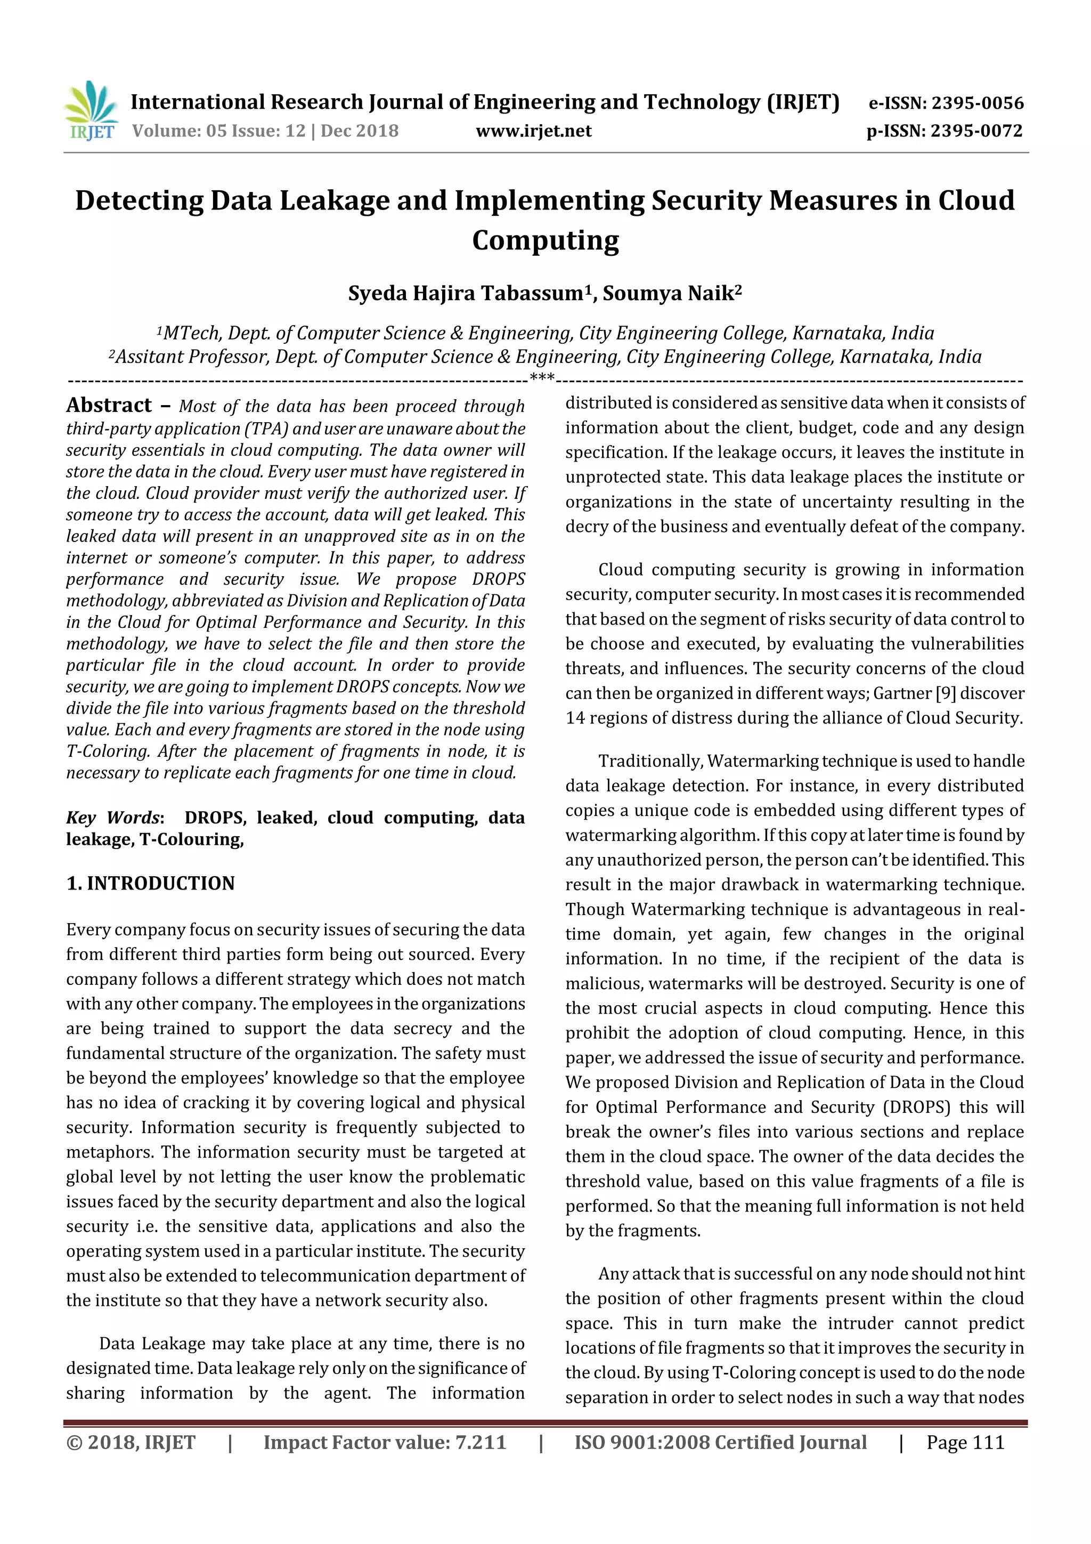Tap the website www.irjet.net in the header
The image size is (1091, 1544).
pos(534,131)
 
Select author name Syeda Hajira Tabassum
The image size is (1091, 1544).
pos(466,294)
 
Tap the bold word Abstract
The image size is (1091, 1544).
pos(109,406)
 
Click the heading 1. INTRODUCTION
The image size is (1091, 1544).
pos(151,883)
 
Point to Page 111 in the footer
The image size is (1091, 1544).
pos(965,1442)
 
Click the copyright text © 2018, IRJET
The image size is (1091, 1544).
pos(131,1442)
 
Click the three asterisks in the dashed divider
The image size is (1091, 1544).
pos(542,378)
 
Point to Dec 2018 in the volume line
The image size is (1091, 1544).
pos(360,131)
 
